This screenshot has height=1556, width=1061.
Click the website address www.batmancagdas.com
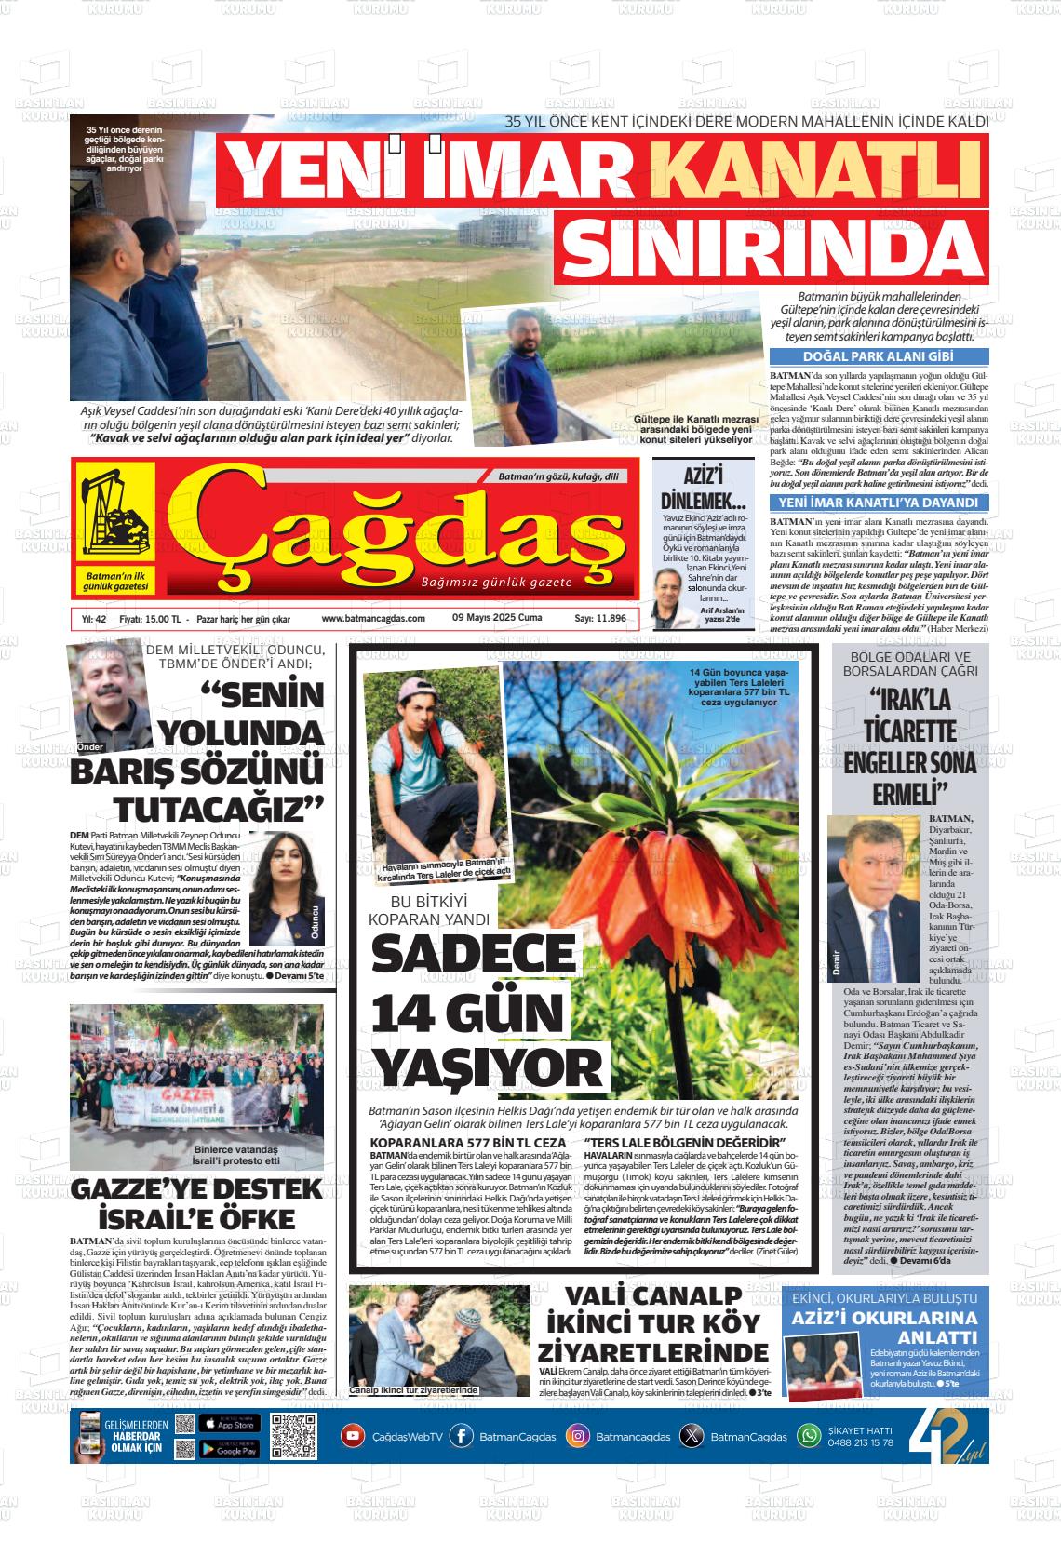click(x=373, y=619)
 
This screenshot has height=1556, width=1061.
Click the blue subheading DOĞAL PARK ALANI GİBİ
click(x=879, y=356)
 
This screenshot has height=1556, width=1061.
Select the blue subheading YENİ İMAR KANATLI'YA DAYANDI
click(x=879, y=503)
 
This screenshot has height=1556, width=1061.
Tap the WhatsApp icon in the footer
click(x=809, y=1436)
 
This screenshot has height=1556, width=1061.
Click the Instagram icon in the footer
click(x=578, y=1436)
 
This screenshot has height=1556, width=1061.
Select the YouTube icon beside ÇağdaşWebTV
click(x=353, y=1436)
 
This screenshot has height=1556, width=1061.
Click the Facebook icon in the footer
click(x=461, y=1436)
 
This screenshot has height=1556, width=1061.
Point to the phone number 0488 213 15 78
click(x=860, y=1442)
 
